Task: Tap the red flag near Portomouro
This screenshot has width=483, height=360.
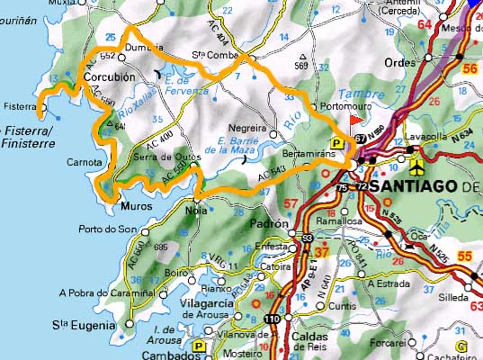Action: coord(357,117)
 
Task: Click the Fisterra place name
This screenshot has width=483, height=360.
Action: coord(20,105)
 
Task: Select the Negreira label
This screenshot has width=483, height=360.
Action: coord(249,128)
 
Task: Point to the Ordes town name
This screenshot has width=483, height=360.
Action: coord(401,62)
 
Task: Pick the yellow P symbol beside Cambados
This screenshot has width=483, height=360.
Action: coord(197,345)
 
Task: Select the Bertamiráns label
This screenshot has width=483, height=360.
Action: coord(310,155)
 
